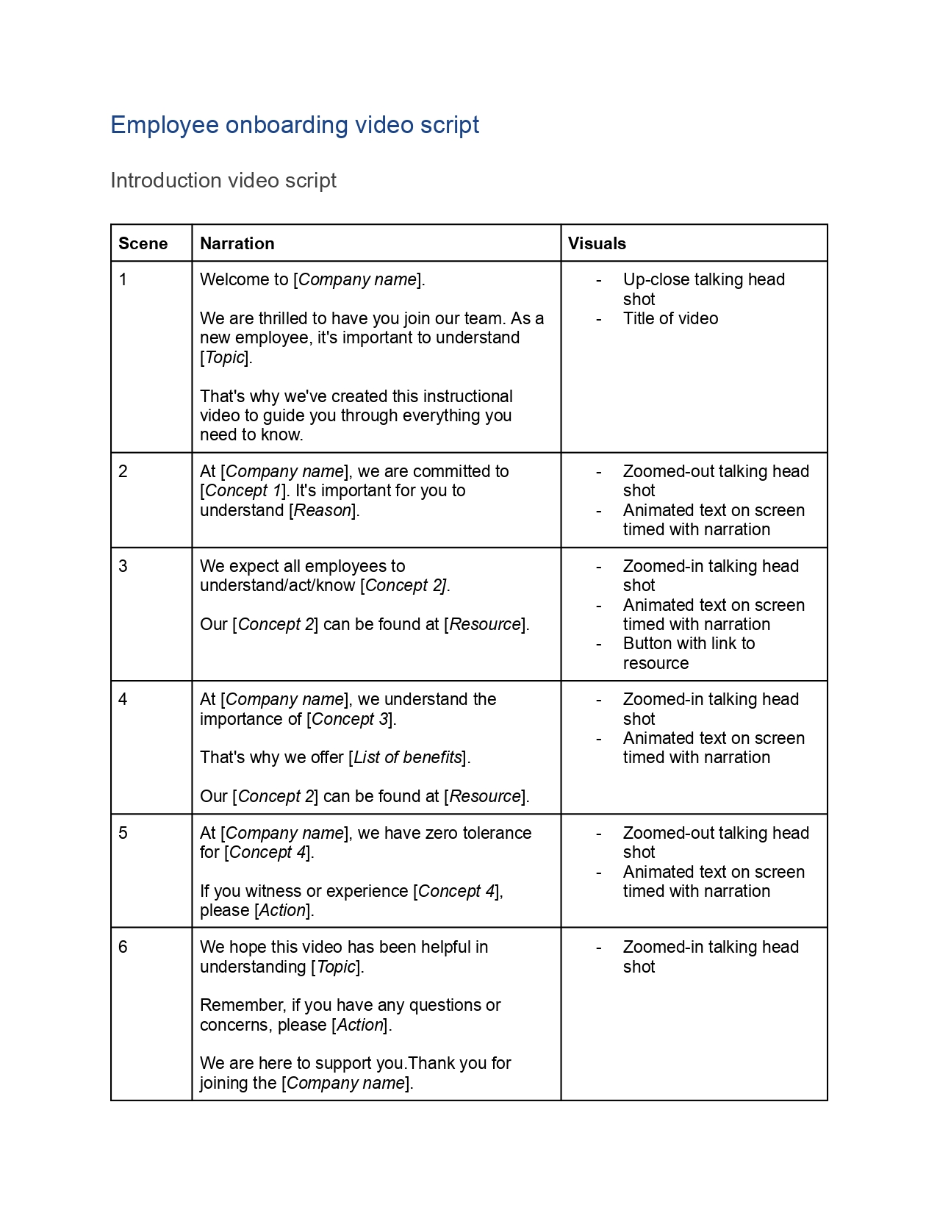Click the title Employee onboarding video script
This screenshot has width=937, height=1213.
(295, 125)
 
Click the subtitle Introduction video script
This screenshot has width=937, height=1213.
(223, 181)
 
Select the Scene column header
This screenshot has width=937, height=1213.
(143, 243)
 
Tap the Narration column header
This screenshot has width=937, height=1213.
(237, 243)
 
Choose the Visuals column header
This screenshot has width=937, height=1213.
(597, 243)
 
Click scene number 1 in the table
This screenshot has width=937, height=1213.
(123, 280)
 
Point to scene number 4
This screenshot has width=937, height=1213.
(123, 700)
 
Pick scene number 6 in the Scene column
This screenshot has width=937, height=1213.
(123, 948)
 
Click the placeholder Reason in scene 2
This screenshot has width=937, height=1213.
(322, 510)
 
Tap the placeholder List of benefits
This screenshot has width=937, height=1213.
(408, 758)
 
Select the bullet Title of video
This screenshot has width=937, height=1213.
(670, 319)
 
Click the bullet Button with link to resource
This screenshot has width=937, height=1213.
(689, 654)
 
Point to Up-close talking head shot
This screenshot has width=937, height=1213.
(703, 289)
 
